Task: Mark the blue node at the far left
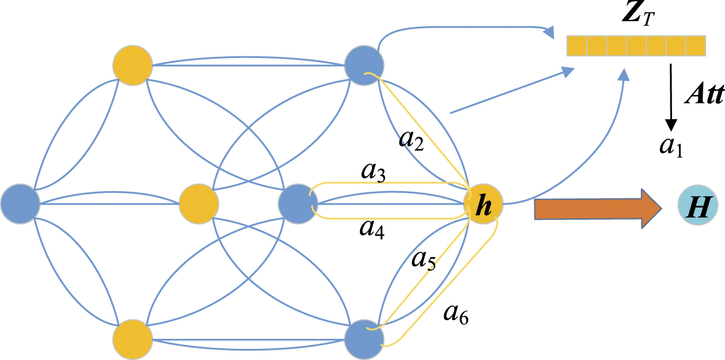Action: click(x=20, y=203)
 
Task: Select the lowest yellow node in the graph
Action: click(x=133, y=339)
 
